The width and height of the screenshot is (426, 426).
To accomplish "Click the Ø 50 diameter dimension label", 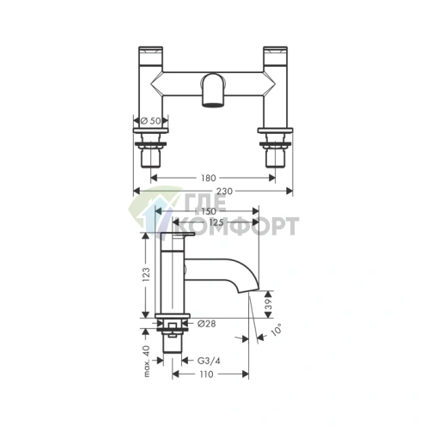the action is [150, 121].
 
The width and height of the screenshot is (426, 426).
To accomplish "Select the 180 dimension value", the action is [208, 178].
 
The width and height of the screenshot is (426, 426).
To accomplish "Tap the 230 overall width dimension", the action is [225, 191].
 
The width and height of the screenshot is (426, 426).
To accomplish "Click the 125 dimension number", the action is [216, 222].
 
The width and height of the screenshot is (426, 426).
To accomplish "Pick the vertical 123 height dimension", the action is [146, 275].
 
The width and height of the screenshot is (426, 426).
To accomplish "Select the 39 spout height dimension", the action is [268, 304].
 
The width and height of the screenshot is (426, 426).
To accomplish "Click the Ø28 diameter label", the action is [207, 324].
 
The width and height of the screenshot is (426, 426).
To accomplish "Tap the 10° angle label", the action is [277, 330].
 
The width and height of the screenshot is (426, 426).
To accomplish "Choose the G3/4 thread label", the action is [209, 361].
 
